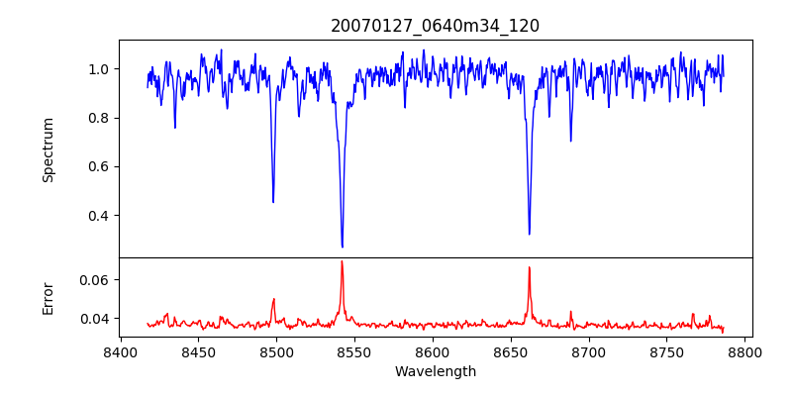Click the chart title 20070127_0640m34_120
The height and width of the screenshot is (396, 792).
435,26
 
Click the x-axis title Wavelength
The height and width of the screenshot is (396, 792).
435,371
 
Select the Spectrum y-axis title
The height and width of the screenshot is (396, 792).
48,149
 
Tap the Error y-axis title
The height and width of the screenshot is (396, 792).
48,297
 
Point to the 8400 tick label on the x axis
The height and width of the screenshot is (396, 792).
120,351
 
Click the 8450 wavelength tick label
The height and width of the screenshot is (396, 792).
198,351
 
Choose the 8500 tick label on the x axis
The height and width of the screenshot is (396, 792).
276,351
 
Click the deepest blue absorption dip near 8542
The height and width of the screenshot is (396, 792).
343,247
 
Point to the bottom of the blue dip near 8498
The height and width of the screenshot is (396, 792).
273,202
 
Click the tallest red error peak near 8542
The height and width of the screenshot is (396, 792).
342,261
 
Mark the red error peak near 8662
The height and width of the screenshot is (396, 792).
529,267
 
